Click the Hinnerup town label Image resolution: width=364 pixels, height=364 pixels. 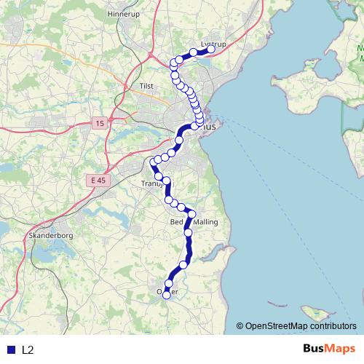pos(122,14)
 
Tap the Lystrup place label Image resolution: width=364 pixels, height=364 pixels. pos(213,44)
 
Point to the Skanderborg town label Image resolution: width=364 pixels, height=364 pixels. pos(50,237)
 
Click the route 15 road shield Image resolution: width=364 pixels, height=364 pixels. pos(99,124)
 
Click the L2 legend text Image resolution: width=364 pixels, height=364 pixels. pos(28,350)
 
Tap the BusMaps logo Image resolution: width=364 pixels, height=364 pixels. pos(329,349)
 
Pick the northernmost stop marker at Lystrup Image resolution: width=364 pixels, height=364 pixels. pos(211,50)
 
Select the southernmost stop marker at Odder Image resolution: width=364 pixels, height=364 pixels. pos(166,295)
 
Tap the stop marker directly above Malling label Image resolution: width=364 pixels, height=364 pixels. pos(192,214)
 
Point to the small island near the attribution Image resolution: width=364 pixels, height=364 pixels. pos(315,314)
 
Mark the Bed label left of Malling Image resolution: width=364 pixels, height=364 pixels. pos(176,222)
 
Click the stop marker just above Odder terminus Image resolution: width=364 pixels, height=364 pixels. pos(169,284)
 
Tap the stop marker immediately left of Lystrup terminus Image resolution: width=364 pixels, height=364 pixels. pos(194,52)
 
